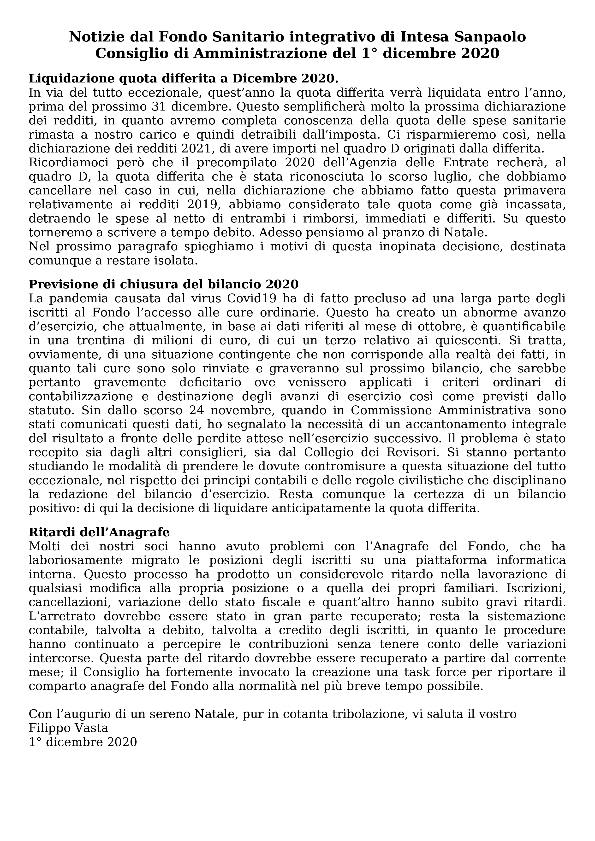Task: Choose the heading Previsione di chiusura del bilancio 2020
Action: pyautogui.click(x=164, y=285)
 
